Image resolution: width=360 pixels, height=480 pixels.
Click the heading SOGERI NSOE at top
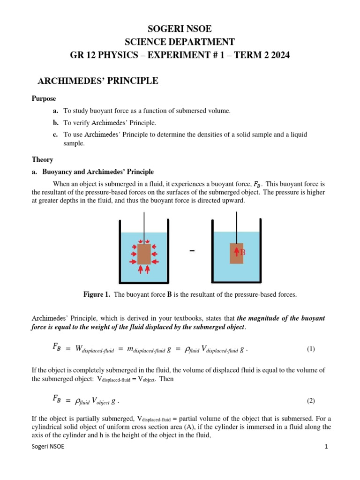(x=180, y=29)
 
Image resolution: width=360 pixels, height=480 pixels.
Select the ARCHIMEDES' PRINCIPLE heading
(x=97, y=82)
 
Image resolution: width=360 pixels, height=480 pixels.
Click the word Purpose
(x=44, y=99)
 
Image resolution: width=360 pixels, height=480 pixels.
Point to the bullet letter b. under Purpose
(x=55, y=123)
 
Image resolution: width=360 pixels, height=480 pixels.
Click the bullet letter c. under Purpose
(x=55, y=135)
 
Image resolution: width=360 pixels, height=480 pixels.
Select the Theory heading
(x=42, y=159)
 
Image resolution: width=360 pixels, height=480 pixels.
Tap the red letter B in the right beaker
(x=243, y=253)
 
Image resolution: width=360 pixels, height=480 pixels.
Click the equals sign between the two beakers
(x=192, y=252)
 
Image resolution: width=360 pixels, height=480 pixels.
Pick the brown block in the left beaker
(x=144, y=254)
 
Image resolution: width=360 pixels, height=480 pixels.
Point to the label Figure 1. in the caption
(x=97, y=294)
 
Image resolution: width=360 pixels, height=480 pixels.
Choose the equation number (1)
(x=311, y=349)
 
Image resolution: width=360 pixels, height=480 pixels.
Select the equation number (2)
(x=311, y=401)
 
